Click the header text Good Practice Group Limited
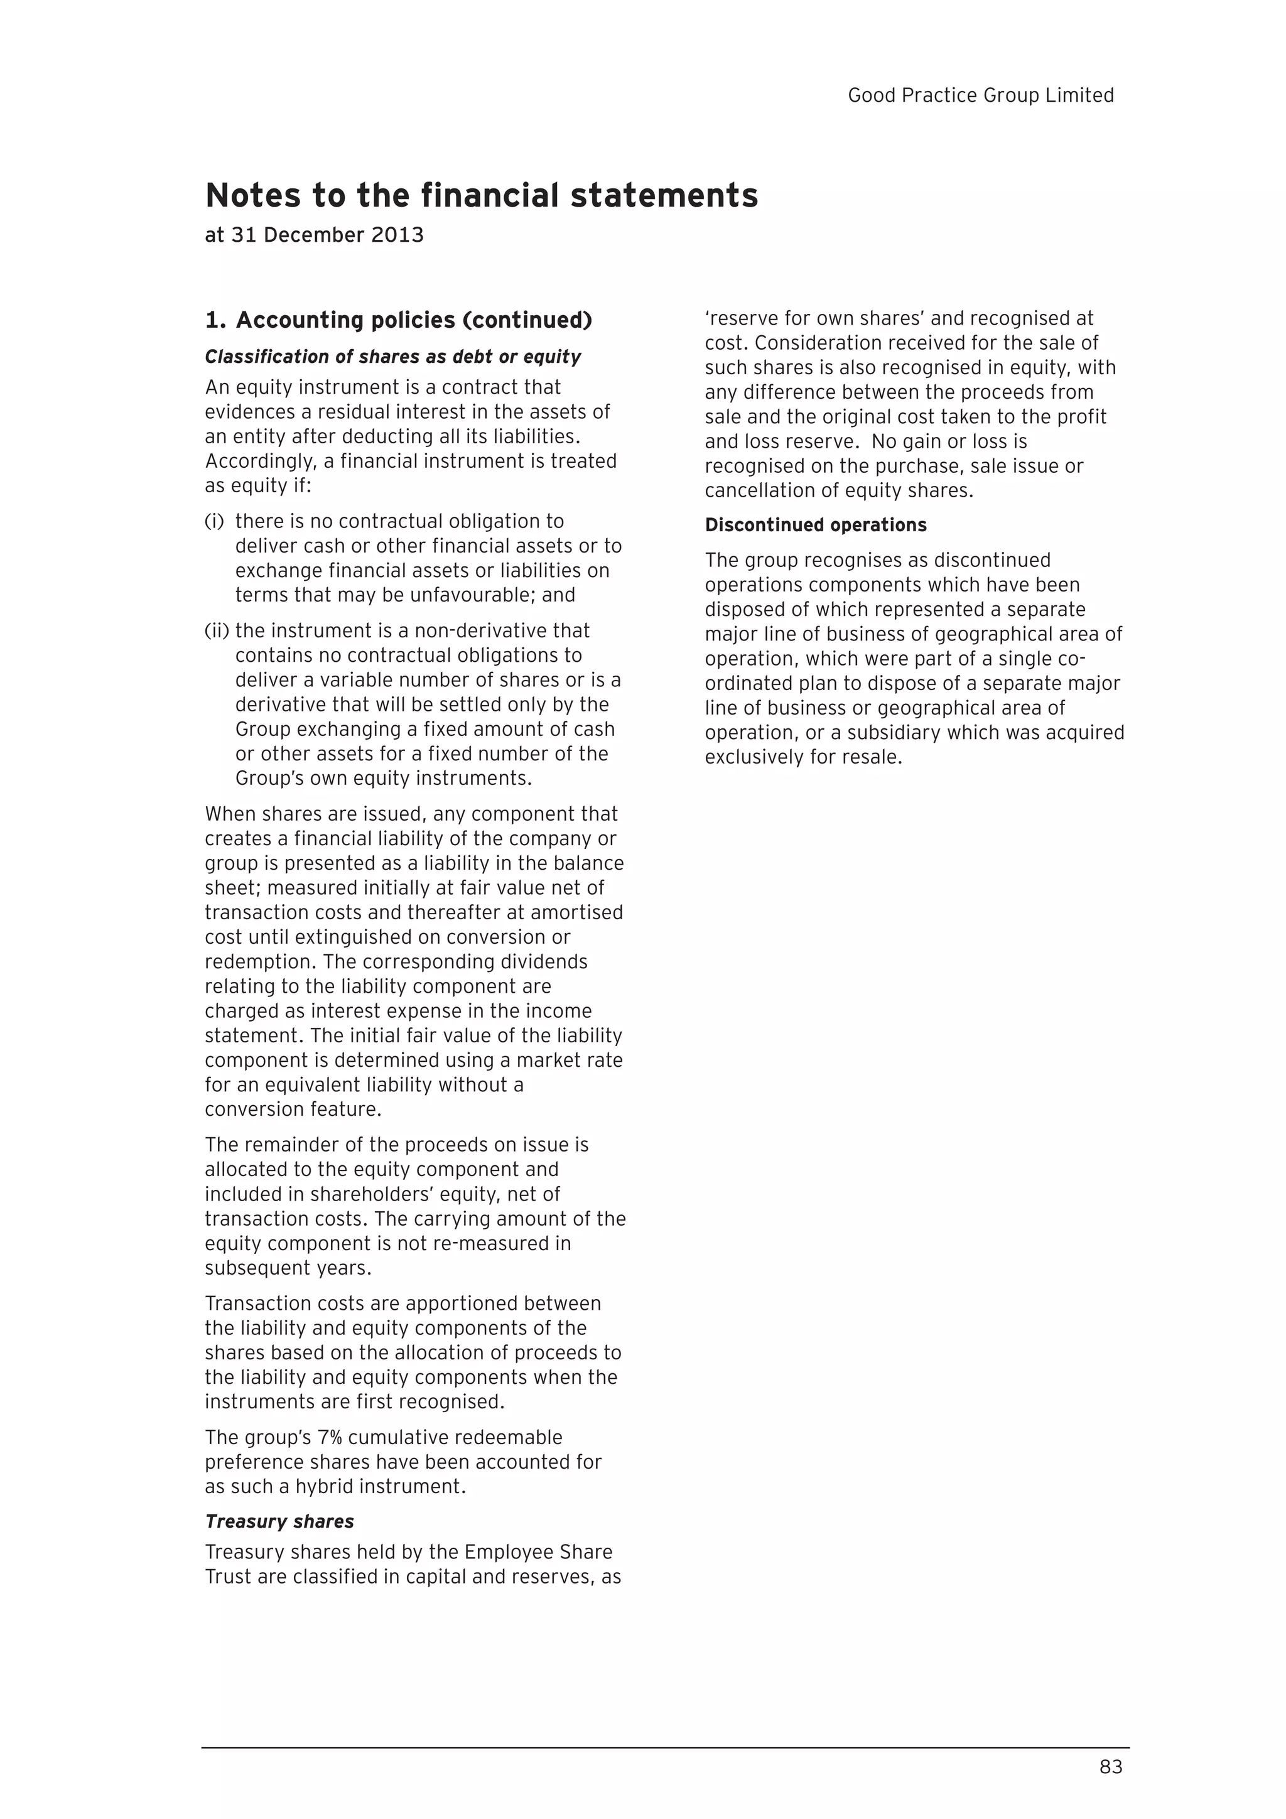(980, 95)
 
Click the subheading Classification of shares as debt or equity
(393, 357)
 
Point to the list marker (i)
(214, 521)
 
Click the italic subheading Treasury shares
(279, 1521)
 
